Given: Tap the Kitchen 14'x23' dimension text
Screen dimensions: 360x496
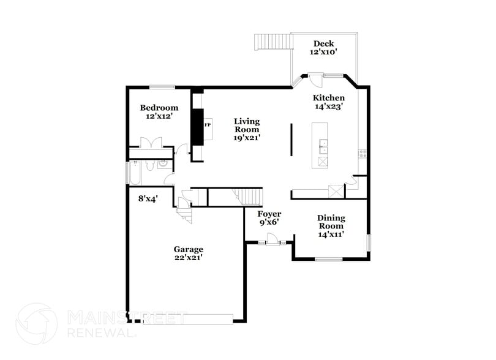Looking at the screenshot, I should coord(328,106).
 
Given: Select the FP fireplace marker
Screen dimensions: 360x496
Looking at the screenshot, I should coord(208,125).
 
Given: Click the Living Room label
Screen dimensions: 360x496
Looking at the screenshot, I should coord(247,126).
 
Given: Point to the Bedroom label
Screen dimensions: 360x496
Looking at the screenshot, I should coord(158,108).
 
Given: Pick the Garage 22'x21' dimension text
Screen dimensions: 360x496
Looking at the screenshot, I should coord(188,258).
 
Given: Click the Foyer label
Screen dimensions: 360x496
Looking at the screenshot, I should coord(269,214).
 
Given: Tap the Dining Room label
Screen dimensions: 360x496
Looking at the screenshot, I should coord(331,222).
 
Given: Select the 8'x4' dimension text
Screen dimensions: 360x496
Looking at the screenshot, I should coord(148,198).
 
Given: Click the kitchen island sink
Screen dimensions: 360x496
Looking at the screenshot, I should coord(322,146).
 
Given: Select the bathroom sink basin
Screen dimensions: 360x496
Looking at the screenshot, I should coord(163,164).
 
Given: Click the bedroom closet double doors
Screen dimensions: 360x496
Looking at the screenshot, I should coord(150,143).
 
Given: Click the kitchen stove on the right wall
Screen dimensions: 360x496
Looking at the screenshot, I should coord(363,153).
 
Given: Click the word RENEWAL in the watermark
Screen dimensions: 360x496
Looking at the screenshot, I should coord(102,333).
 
